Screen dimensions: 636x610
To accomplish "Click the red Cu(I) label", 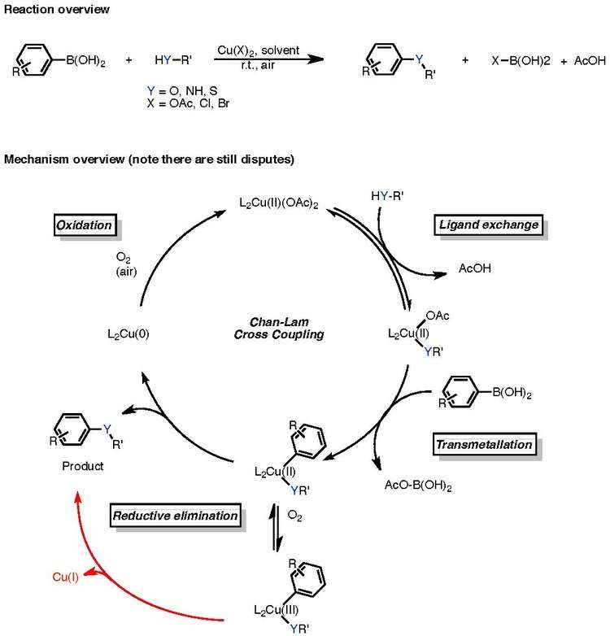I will point(66,578).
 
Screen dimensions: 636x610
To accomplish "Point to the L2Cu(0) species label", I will point(129,333).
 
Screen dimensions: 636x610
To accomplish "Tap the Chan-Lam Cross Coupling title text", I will point(274,328).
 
